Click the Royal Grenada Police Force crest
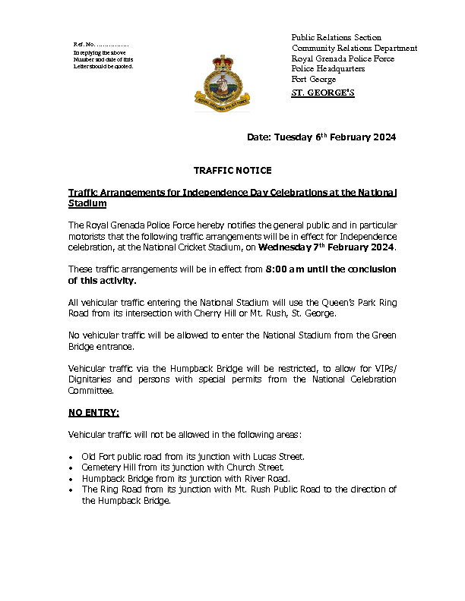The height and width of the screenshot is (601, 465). [x=222, y=82]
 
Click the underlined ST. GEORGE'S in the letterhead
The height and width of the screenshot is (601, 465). [x=323, y=93]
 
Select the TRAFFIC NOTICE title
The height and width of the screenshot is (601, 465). [x=232, y=171]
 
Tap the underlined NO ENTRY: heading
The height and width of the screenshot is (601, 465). [x=93, y=413]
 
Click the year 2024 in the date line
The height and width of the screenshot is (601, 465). [x=380, y=137]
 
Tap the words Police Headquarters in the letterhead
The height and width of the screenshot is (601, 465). [x=328, y=69]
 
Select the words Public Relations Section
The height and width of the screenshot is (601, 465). [x=337, y=37]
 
